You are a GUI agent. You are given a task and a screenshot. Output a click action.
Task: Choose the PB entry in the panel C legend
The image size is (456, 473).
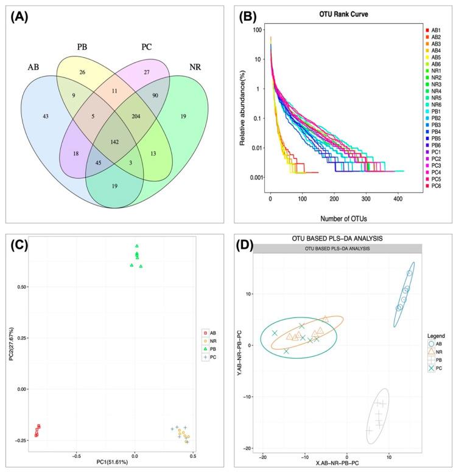(x=213, y=350)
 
